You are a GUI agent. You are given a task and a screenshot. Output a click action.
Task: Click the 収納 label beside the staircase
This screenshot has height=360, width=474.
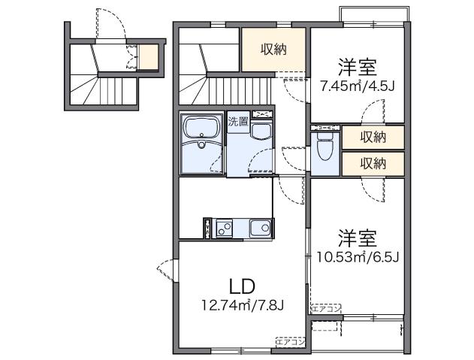(273, 50)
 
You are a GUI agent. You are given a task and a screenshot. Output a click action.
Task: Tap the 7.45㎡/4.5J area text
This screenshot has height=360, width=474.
(358, 86)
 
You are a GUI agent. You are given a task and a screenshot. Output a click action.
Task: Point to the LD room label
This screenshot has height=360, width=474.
(243, 286)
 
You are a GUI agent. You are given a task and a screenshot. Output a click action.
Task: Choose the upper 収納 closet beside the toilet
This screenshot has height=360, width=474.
(373, 137)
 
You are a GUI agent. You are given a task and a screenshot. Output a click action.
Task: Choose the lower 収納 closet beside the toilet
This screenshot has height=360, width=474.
(373, 162)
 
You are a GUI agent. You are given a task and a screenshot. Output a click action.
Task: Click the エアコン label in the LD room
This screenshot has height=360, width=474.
(290, 342)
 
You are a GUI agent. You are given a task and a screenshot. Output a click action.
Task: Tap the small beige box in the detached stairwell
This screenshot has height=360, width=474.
(148, 57)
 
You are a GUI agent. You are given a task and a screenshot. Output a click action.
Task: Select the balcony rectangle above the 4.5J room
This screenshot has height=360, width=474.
(373, 14)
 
